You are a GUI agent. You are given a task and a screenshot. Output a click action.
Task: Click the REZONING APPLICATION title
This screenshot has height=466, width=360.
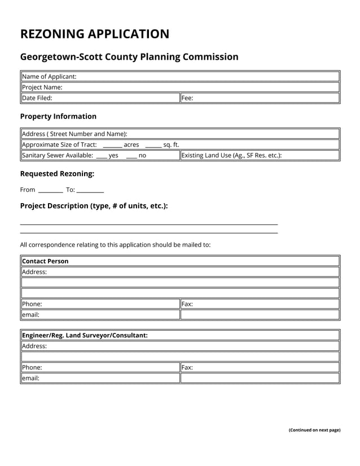(95, 34)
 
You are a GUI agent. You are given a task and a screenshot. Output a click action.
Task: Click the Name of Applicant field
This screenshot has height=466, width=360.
(203, 77)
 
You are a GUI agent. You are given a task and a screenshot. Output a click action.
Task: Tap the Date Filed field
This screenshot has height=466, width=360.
(113, 98)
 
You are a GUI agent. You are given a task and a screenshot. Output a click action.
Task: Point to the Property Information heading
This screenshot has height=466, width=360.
(58, 116)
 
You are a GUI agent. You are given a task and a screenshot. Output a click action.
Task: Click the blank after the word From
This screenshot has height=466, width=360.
(50, 191)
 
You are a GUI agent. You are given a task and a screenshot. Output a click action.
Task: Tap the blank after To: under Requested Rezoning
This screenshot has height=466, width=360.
(90, 191)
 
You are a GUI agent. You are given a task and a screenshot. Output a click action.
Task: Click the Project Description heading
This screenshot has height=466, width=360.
(94, 206)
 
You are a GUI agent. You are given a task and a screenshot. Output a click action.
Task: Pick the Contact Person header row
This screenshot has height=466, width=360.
(180, 261)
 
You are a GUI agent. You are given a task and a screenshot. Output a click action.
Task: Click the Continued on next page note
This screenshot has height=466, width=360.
(314, 430)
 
